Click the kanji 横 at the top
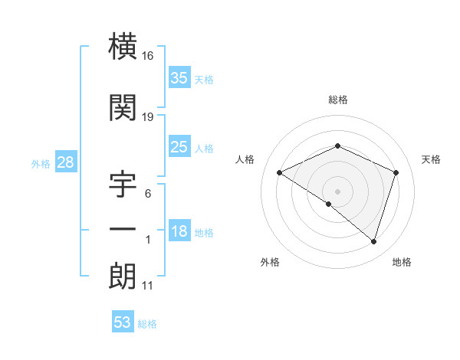(x=122, y=49)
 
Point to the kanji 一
(x=122, y=230)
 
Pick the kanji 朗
(x=122, y=277)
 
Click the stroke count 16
(x=148, y=57)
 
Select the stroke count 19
(x=148, y=116)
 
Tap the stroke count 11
(x=147, y=286)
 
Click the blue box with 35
(x=179, y=78)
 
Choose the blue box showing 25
(x=179, y=147)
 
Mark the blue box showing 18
(x=179, y=231)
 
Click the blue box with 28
(x=65, y=162)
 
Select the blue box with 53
(x=123, y=322)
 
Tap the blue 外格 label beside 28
(x=41, y=163)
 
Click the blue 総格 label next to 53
(x=147, y=324)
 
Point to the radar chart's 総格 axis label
(x=337, y=100)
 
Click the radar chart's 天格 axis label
(x=432, y=159)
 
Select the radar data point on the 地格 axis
(x=373, y=241)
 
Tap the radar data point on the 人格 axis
(x=280, y=173)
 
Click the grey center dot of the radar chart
(x=337, y=191)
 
